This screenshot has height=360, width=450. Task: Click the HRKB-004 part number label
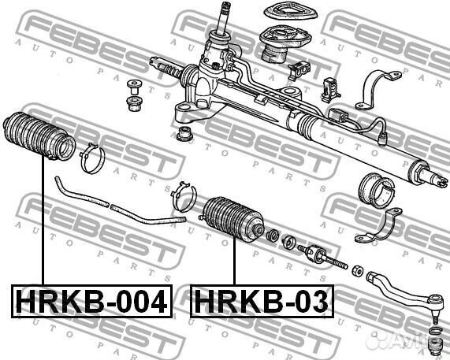click(92, 302)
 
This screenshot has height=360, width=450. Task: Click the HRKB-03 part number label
click(262, 302)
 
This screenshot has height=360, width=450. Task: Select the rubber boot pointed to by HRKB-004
click(39, 136)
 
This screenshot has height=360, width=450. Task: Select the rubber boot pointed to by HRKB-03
click(232, 217)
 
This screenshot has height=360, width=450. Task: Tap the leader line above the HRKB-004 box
click(43, 220)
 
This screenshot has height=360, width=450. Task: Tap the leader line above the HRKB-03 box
click(235, 261)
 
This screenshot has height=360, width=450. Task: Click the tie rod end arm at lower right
click(404, 291)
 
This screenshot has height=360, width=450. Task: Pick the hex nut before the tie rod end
click(358, 270)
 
